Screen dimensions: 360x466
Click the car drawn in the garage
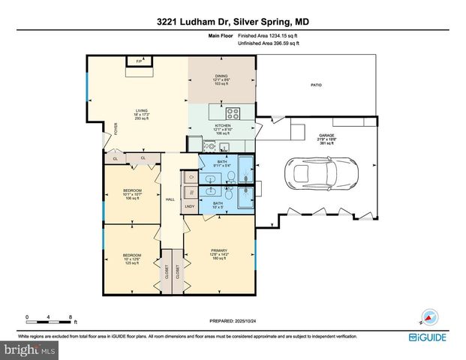tap(321, 174)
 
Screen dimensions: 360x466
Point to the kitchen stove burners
tap(233, 115)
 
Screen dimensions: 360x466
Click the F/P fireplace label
tap(138, 61)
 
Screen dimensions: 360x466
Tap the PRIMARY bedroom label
tap(218, 250)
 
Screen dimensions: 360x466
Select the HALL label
tap(170, 199)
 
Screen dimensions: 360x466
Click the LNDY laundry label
tap(190, 205)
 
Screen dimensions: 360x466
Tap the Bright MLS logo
tap(29, 350)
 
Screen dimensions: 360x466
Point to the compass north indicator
tap(429, 316)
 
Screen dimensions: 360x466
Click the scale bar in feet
tap(49, 322)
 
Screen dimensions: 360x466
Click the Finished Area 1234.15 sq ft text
tap(268, 35)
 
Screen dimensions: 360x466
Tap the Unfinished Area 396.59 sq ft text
tap(268, 43)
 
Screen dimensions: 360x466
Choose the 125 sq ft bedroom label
tap(132, 259)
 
